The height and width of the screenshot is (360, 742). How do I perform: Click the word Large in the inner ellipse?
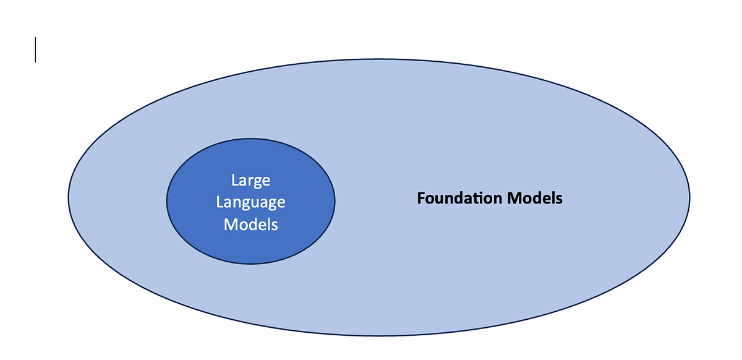pos(250,181)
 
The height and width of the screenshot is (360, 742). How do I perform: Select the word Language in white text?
pos(250,202)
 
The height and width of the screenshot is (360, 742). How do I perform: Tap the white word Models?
pos(250,224)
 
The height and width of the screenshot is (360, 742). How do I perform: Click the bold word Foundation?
pos(459,199)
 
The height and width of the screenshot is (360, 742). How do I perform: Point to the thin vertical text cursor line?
pos(35,49)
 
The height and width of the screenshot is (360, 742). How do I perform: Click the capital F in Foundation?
pos(421,199)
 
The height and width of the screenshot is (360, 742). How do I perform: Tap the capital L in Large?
pos(234,181)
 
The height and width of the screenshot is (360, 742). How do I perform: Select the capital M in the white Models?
pos(230,224)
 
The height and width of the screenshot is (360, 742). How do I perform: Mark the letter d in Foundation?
pos(456,199)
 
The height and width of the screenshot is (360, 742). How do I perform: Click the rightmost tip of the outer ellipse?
pos(689,198)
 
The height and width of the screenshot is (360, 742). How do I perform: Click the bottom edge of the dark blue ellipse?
pos(250,264)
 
